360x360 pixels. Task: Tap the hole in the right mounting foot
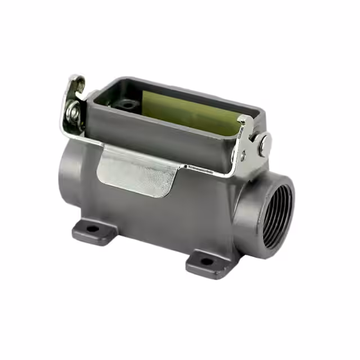tap(207, 260)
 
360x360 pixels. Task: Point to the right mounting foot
tap(208, 262)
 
